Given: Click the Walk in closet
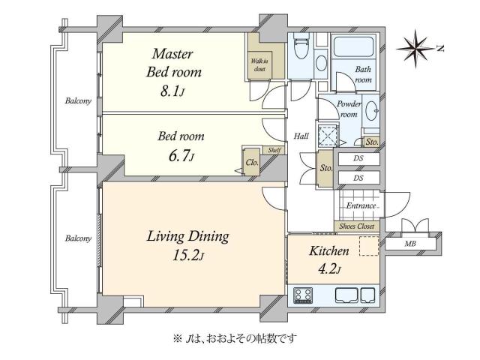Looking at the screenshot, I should pos(259,64).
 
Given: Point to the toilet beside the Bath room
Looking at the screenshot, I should pos(301,52).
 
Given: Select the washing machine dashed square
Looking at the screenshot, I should pos(328,135).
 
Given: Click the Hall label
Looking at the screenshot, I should pos(301,136).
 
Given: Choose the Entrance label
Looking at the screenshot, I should pos(360,205).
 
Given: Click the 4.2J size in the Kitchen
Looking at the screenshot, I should pos(327,268).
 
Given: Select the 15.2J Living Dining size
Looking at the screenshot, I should pos(187,254).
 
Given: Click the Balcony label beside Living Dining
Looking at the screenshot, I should pos(78,238).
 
